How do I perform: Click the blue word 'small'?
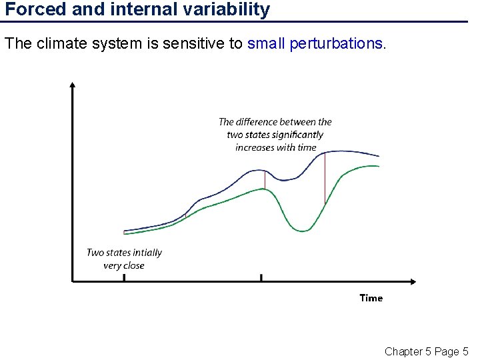pyautogui.click(x=267, y=44)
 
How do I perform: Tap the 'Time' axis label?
pyautogui.click(x=371, y=298)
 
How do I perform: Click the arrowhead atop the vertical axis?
pyautogui.click(x=73, y=85)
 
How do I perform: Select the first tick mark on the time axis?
pyautogui.click(x=124, y=277)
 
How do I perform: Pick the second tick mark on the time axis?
pyautogui.click(x=261, y=277)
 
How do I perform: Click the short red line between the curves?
pyautogui.click(x=265, y=179)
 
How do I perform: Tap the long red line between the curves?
pyautogui.click(x=325, y=178)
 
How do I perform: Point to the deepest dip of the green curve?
pyautogui.click(x=303, y=231)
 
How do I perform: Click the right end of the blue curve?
pyautogui.click(x=379, y=155)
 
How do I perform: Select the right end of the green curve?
pyautogui.click(x=379, y=166)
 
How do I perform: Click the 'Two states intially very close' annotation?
pyautogui.click(x=124, y=259)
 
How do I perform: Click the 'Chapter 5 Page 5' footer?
pyautogui.click(x=426, y=351)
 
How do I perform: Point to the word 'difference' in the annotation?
pyautogui.click(x=276, y=122)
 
